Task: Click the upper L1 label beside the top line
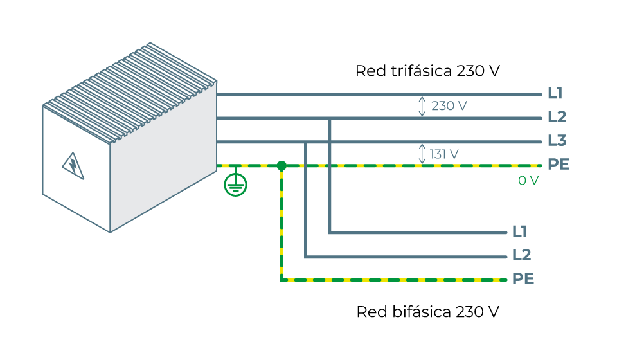(x=555, y=94)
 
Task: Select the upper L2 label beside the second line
(x=557, y=118)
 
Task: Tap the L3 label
(x=557, y=141)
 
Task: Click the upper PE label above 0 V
(x=558, y=165)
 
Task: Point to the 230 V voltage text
(x=449, y=106)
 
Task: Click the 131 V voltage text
(x=444, y=154)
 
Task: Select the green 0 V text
(x=528, y=181)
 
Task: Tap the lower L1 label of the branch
(x=519, y=231)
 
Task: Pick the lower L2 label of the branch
(x=521, y=255)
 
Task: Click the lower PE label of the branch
(x=523, y=279)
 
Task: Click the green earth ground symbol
(x=235, y=184)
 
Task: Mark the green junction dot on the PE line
(x=282, y=166)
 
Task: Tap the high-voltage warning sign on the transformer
(x=73, y=165)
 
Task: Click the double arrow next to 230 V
(x=422, y=106)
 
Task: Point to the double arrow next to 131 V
(x=422, y=154)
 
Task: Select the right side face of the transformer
(x=163, y=157)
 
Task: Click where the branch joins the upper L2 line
(x=330, y=118)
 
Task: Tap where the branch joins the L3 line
(x=306, y=142)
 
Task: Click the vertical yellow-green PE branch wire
(x=282, y=225)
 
